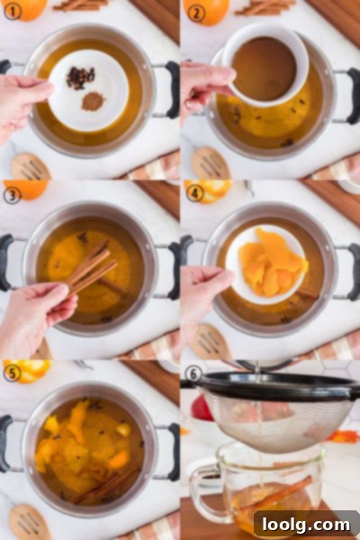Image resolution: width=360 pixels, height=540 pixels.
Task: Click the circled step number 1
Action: (12, 12)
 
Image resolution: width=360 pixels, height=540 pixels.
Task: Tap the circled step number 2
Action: (195, 13)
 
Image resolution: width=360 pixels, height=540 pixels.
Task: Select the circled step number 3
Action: (12, 195)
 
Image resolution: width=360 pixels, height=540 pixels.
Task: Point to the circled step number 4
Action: (195, 193)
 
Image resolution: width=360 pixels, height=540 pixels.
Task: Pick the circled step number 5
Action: (12, 373)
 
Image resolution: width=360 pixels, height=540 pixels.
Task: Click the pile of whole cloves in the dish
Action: (80, 77)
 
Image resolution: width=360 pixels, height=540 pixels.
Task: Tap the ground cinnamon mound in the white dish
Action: (93, 101)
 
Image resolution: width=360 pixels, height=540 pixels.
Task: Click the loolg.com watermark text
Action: (306, 525)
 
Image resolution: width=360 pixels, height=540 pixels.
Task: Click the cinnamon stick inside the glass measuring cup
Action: (275, 492)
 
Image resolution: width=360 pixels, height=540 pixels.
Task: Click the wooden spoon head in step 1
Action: (31, 167)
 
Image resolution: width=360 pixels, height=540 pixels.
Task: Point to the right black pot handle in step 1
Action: (171, 89)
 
